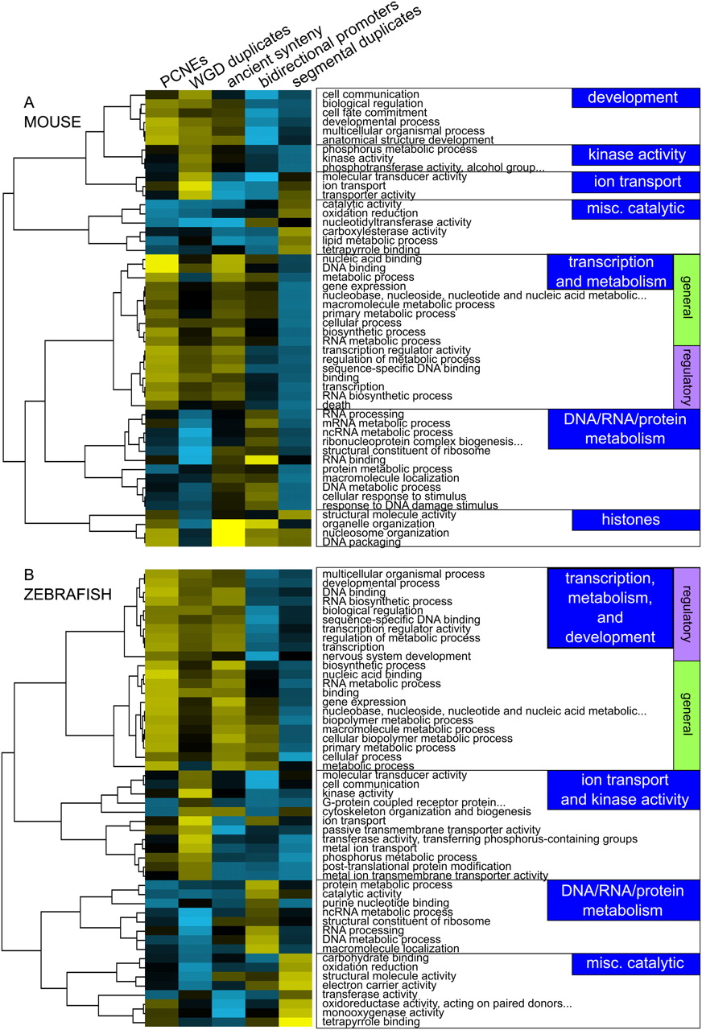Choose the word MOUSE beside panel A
tap(54, 122)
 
